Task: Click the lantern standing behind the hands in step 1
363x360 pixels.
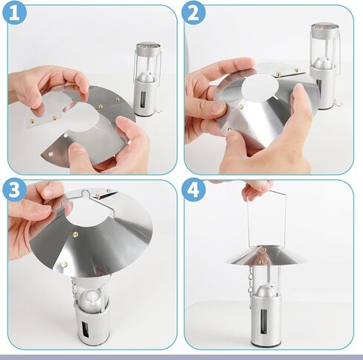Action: coord(147,74)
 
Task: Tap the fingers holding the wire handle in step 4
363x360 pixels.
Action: coord(257,189)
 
